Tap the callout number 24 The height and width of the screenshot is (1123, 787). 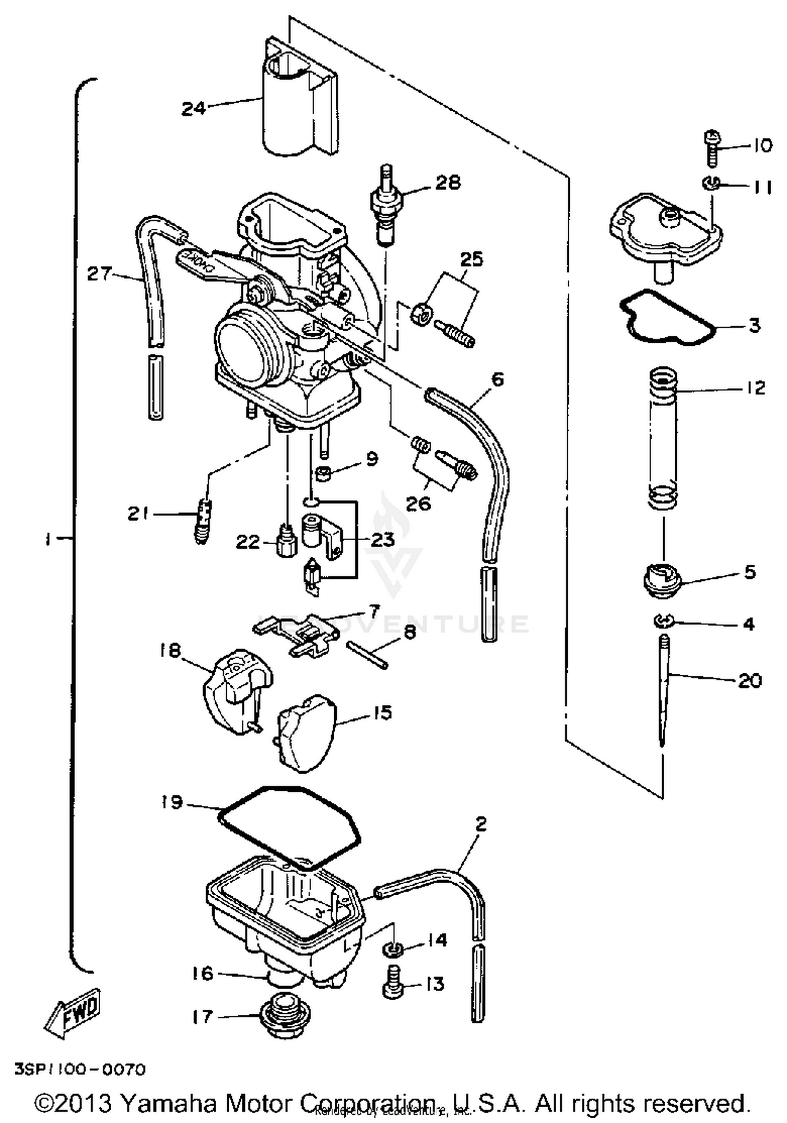(194, 109)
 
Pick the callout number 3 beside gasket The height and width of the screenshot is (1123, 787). (754, 325)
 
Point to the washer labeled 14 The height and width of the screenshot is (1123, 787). (393, 948)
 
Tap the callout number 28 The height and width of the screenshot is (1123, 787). (448, 182)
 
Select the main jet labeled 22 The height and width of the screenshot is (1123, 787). (286, 541)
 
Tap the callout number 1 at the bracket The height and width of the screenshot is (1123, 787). (48, 538)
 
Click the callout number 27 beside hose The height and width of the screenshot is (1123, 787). (99, 273)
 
